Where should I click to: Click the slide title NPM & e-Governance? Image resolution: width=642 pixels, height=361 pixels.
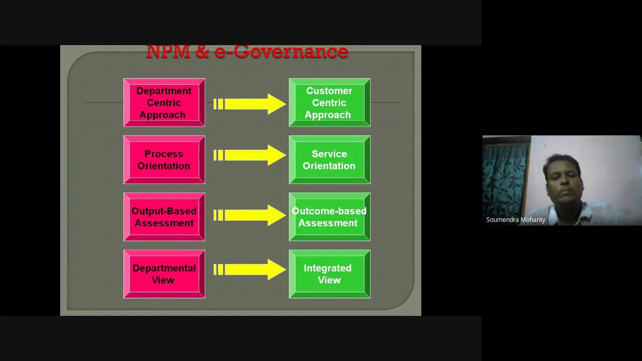click(x=247, y=52)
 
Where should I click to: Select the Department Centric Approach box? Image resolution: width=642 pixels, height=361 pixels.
click(x=164, y=103)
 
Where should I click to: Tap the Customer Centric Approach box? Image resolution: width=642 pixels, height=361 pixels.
click(x=330, y=103)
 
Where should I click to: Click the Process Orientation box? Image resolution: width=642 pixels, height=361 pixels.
click(x=164, y=160)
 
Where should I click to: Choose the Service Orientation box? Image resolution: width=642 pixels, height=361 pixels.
click(x=330, y=160)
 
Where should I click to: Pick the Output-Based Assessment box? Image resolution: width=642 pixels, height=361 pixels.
click(x=164, y=217)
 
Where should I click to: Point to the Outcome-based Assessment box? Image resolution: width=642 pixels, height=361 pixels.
click(x=330, y=217)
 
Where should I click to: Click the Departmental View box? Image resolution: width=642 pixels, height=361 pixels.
click(x=164, y=274)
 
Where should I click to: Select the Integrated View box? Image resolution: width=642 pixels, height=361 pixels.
click(x=330, y=274)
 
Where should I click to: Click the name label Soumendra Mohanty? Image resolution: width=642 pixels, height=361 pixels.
click(x=516, y=220)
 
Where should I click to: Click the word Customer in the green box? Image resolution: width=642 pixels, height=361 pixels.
click(x=329, y=91)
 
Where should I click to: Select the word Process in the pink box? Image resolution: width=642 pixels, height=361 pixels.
click(x=164, y=154)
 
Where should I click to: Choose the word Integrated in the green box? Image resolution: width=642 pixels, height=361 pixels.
click(x=328, y=268)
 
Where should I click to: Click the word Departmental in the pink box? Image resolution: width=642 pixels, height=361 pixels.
click(x=164, y=268)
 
